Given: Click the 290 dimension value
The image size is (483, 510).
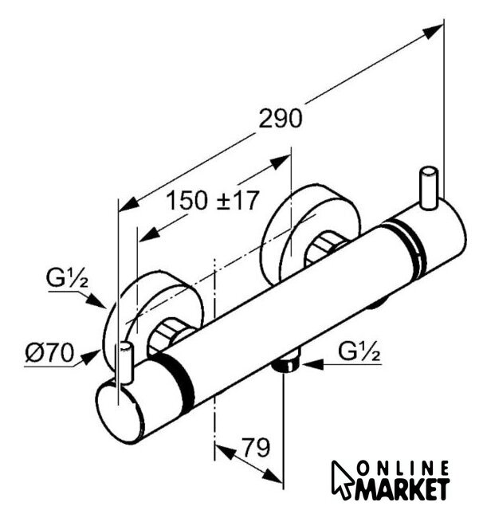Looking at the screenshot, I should tap(280, 119).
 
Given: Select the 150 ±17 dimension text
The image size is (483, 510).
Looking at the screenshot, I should tap(213, 201).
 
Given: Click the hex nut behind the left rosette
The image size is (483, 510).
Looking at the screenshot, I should tap(170, 334).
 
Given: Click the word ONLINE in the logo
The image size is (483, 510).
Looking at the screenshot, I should tap(406, 468).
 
